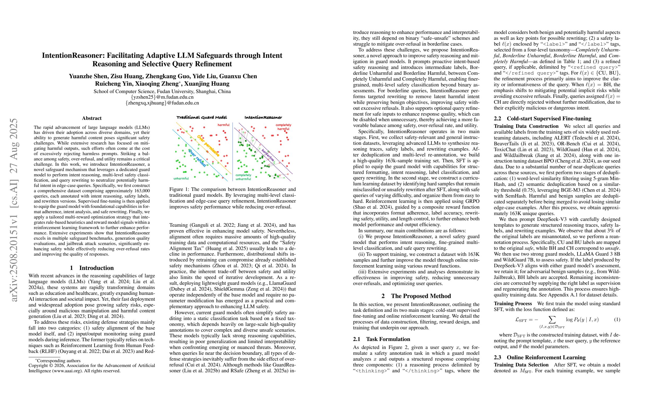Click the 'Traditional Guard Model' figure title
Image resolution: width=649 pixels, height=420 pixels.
click(201, 117)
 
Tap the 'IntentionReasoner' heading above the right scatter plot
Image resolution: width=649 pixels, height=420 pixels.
click(263, 117)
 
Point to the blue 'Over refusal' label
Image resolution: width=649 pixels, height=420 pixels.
click(197, 158)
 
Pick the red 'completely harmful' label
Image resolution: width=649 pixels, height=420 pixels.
click(283, 127)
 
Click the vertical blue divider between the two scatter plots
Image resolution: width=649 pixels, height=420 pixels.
click(233, 151)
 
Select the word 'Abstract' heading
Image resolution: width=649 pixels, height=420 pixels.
click(92, 118)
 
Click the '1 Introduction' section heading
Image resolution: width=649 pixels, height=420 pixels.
click(92, 268)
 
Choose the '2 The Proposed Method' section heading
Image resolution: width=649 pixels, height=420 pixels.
click(416, 296)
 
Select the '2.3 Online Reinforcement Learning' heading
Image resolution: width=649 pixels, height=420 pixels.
click(540, 357)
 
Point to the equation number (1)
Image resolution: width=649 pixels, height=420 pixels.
click(617, 319)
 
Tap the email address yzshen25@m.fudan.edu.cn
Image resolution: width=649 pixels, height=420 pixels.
click(162, 97)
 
